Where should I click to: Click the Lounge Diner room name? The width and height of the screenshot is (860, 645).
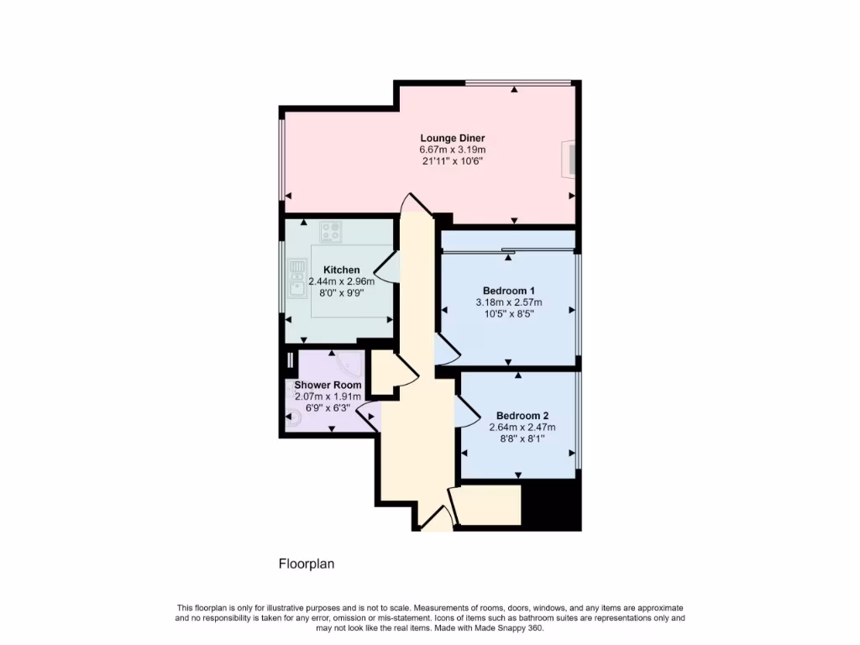(453, 139)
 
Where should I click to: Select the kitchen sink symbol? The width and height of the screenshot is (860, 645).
(297, 279)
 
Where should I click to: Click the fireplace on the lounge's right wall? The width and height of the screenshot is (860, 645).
(570, 159)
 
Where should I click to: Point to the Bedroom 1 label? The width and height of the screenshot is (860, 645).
(509, 291)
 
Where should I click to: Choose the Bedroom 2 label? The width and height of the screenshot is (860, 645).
(522, 416)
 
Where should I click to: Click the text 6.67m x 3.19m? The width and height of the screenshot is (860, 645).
(453, 150)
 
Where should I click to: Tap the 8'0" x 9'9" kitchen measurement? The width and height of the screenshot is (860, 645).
(340, 293)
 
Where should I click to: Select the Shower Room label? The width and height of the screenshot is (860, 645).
(328, 385)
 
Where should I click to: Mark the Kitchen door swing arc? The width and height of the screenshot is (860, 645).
(385, 268)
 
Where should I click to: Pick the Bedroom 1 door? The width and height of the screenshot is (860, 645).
(445, 350)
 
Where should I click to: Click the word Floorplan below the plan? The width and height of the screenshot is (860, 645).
(307, 564)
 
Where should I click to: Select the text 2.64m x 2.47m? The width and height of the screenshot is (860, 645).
(522, 427)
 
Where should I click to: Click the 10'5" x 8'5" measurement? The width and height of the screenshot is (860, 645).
(509, 313)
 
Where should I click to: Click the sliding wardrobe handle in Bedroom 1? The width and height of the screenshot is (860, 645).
(508, 250)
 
